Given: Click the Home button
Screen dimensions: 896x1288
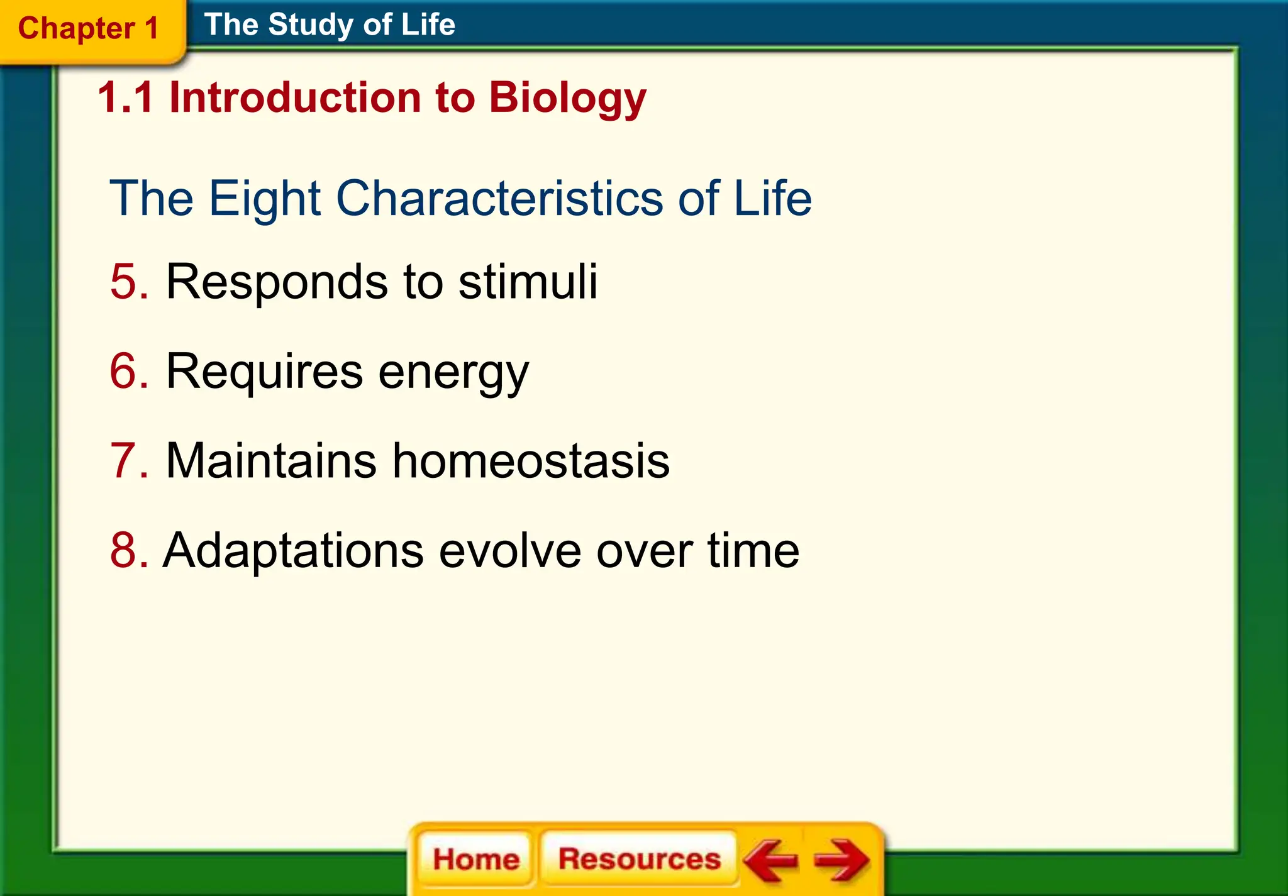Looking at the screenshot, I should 476,859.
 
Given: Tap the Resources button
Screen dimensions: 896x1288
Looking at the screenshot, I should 639,859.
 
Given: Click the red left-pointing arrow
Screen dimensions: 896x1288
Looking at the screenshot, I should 770,860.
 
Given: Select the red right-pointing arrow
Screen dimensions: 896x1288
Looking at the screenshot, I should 841,860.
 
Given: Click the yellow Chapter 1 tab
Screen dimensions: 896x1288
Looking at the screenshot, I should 89,29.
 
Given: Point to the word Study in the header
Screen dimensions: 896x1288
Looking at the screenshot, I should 311,25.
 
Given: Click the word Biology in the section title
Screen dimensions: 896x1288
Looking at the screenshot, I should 567,99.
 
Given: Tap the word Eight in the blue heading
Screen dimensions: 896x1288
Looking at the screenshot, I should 265,199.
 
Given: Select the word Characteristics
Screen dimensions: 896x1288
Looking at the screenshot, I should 500,199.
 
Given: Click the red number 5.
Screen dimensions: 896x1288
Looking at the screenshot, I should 124,282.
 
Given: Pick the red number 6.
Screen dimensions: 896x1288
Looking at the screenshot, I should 124,372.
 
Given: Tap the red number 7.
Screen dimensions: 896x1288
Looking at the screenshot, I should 124,461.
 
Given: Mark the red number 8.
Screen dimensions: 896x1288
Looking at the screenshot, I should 124,551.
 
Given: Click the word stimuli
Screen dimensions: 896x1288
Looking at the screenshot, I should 528,282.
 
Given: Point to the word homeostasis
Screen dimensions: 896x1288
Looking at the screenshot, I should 531,461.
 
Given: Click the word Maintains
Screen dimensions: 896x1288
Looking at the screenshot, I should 270,461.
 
